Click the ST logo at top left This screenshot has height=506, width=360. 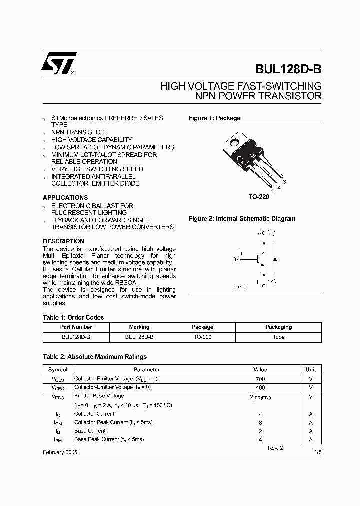click(x=59, y=63)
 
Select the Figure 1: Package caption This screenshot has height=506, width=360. click(x=214, y=118)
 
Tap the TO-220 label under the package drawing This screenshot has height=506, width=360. click(x=259, y=197)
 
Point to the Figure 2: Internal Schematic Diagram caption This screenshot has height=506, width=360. click(x=242, y=219)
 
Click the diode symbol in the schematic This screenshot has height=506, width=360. click(x=274, y=259)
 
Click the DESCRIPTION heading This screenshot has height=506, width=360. click(x=63, y=241)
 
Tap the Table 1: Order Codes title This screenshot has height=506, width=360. click(x=73, y=317)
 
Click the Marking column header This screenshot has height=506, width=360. click(x=139, y=327)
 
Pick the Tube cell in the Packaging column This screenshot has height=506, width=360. click(x=278, y=337)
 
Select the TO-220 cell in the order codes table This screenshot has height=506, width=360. click(x=202, y=337)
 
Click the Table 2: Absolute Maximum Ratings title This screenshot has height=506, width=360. click(x=95, y=357)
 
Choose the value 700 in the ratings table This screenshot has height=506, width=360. click(x=260, y=379)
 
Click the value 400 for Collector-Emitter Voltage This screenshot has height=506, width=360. click(x=260, y=387)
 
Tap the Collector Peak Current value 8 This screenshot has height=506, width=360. click(x=260, y=422)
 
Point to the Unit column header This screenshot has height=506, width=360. click(x=310, y=369)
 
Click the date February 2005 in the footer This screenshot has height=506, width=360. click(x=60, y=452)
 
